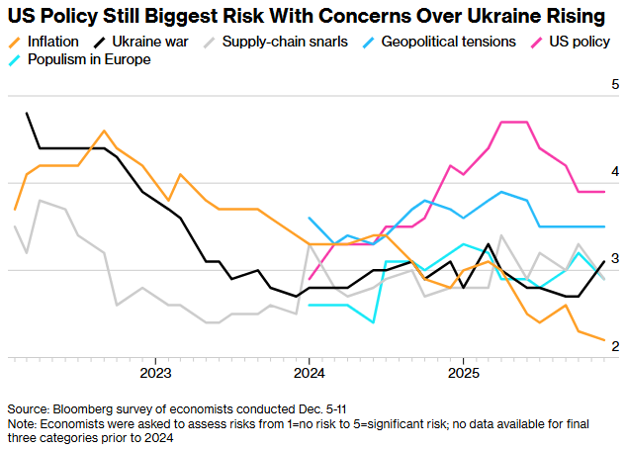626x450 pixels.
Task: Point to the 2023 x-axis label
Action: click(155, 373)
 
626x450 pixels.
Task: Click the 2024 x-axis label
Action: click(310, 373)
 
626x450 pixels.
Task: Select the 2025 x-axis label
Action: click(464, 373)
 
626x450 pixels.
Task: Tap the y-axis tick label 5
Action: click(614, 85)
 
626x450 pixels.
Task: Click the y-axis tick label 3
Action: click(614, 258)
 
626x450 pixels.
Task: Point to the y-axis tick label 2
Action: click(614, 345)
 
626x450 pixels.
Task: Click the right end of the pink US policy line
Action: click(604, 192)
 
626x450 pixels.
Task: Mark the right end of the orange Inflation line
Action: click(604, 340)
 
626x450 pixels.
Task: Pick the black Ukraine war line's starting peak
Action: click(27, 113)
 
